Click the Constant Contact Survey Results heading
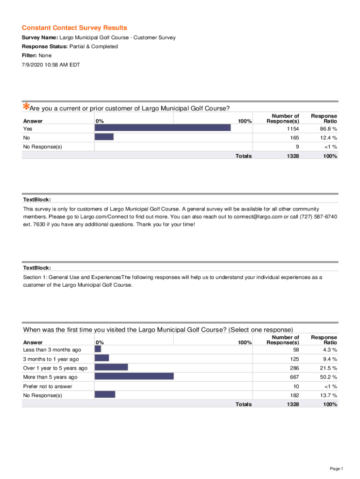click(74, 28)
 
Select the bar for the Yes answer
click(163, 127)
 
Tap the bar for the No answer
click(104, 137)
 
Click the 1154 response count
click(293, 128)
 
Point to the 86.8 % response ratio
click(328, 128)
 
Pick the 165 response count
click(294, 138)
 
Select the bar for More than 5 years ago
click(134, 376)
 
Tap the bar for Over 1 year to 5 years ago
click(111, 367)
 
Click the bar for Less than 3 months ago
click(98, 349)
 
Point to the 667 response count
click(294, 377)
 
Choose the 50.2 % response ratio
click(328, 377)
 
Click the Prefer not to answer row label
click(48, 386)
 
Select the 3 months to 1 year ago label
click(51, 359)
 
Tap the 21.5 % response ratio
click(328, 368)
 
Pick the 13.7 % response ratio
click(328, 395)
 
